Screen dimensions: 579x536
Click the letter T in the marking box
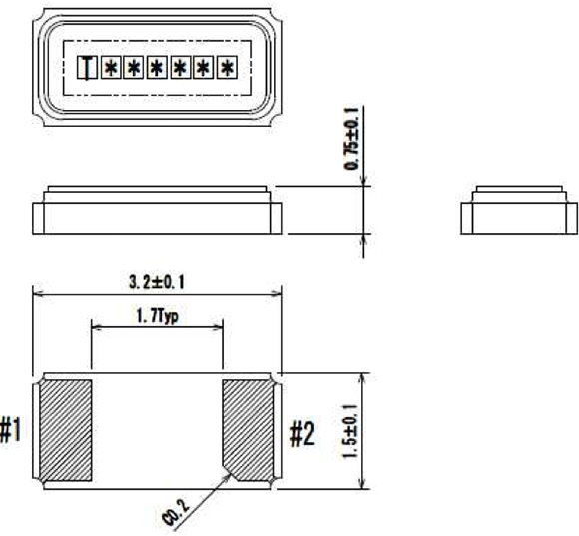pyautogui.click(x=87, y=68)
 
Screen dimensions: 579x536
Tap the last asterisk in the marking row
pyautogui.click(x=227, y=68)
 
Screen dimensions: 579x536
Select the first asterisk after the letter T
pyautogui.click(x=111, y=68)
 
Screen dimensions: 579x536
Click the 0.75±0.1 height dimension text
pyautogui.click(x=351, y=139)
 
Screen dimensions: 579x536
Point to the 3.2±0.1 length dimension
pyautogui.click(x=156, y=282)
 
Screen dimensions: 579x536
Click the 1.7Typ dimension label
pyautogui.click(x=158, y=316)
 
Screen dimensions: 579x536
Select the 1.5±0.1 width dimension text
pyautogui.click(x=351, y=431)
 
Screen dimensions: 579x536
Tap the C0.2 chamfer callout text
pyautogui.click(x=176, y=514)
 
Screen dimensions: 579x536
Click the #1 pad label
pyautogui.click(x=11, y=429)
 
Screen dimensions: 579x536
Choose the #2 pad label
pyautogui.click(x=302, y=434)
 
